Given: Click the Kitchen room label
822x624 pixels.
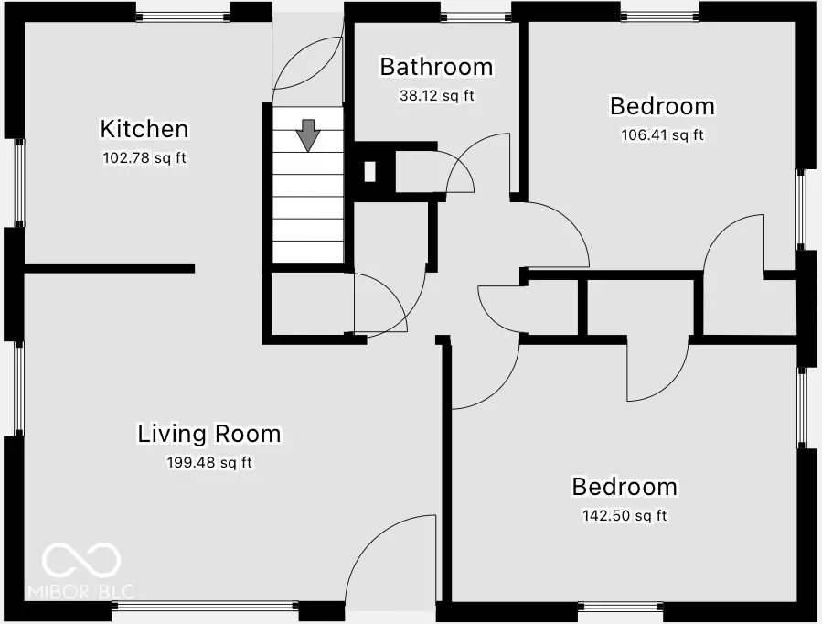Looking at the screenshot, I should coord(144,129).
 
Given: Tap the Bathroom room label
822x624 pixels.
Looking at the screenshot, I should coord(436,67).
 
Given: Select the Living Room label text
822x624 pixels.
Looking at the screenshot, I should coord(209,433).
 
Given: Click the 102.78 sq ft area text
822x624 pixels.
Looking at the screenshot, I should coord(144,157).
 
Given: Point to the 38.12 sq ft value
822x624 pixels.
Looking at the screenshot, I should coord(436,95).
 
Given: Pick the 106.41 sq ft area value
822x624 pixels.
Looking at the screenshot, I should coord(662,135).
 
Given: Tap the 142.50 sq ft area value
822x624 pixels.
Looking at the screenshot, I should coord(625,516).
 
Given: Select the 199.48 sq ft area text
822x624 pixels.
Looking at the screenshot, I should coord(209,462).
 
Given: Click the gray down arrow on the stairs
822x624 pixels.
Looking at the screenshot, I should coord(308,135).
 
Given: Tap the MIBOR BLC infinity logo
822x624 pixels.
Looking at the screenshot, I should coord(82,561).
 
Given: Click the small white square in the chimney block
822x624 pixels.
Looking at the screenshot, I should coord(370,170).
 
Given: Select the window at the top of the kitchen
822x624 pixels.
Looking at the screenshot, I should coord(182,14).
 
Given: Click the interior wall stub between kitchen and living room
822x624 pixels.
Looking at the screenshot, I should coord(109,268).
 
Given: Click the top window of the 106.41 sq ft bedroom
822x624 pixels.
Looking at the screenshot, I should coord(659,14).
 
